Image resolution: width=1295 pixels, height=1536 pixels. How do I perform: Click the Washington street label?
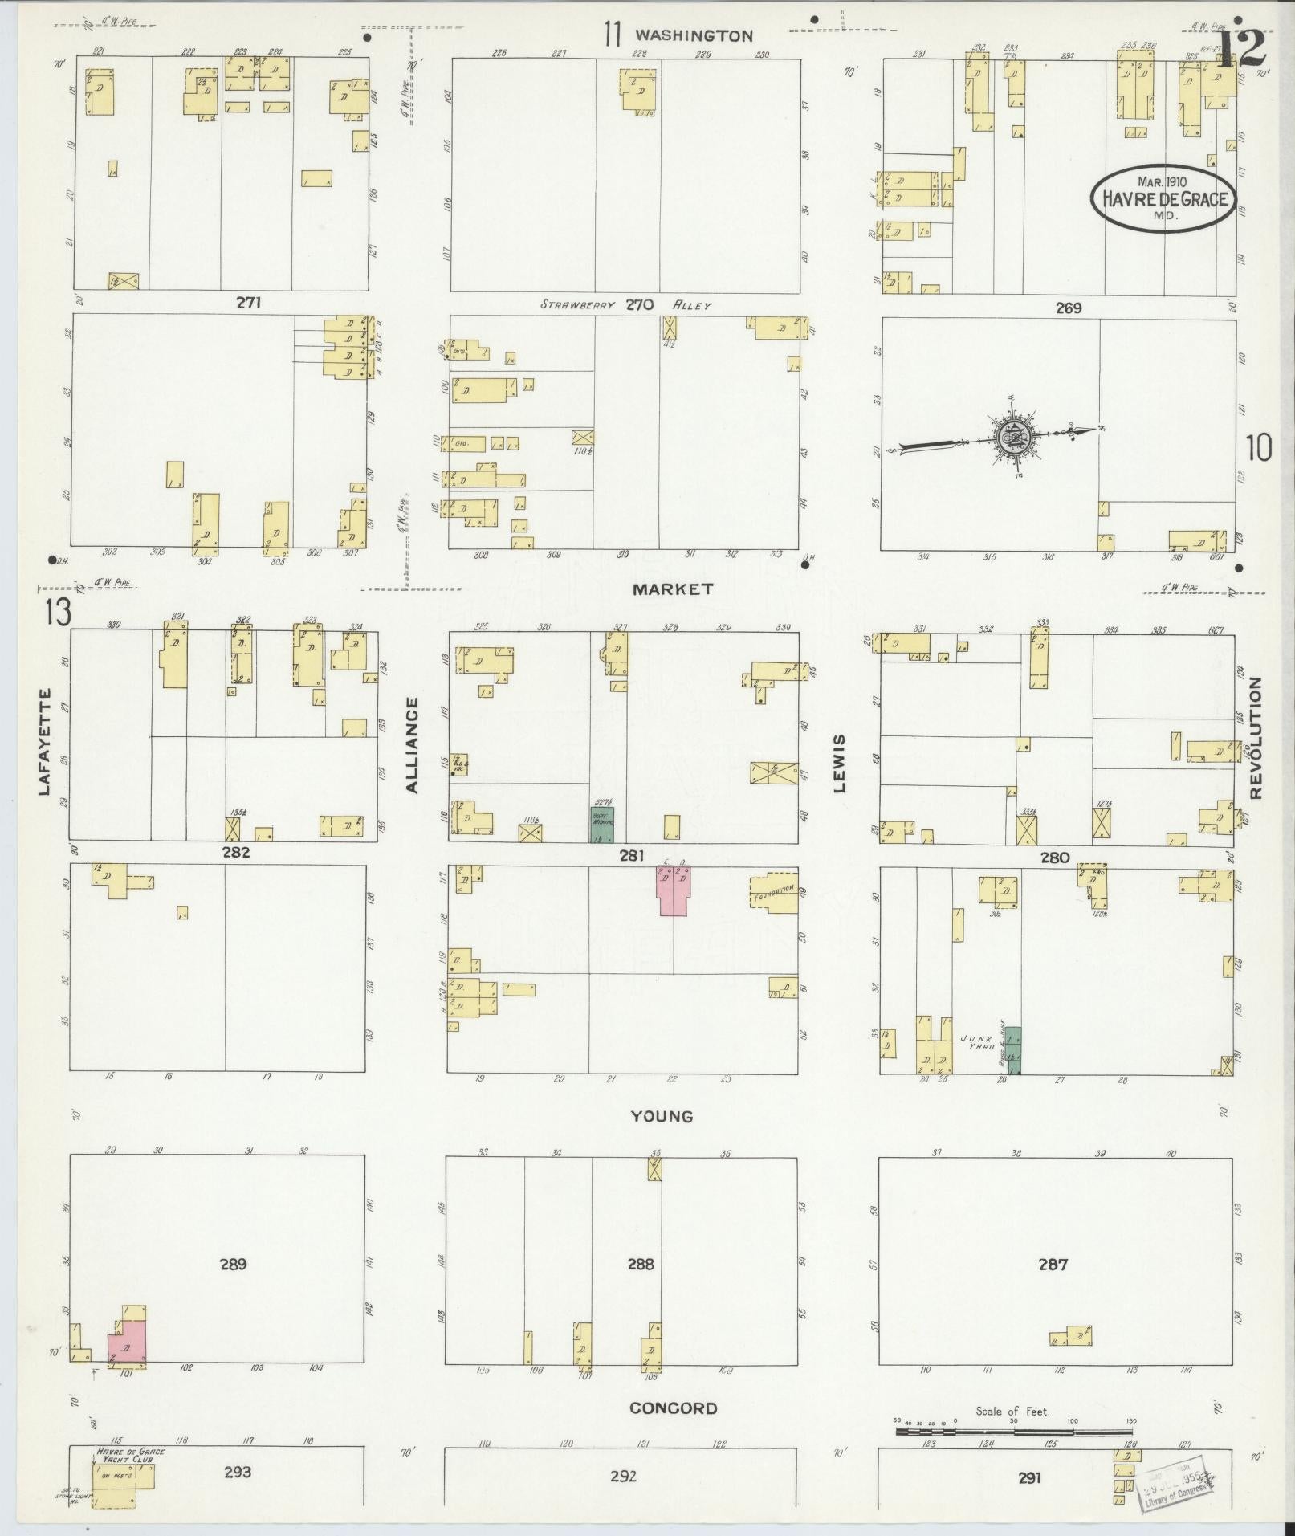tap(694, 35)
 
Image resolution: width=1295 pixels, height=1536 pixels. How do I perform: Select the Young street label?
tap(661, 1116)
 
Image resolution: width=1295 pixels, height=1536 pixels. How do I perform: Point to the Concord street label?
tap(673, 1408)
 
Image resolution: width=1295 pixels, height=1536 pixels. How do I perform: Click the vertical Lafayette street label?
tap(43, 742)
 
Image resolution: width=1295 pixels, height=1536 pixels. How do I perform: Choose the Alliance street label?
tap(413, 745)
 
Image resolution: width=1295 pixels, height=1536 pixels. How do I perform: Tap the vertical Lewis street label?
tap(840, 763)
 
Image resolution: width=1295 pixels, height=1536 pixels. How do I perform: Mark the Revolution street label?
tap(1256, 738)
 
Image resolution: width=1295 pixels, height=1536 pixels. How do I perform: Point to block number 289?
tap(233, 1265)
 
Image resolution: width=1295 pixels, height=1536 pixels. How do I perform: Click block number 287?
tap(1053, 1265)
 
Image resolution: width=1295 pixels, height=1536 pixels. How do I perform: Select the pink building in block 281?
tap(672, 890)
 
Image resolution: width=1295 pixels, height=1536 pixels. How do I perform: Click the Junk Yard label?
tap(979, 1042)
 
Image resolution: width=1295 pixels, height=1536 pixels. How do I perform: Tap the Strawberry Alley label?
tap(625, 305)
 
